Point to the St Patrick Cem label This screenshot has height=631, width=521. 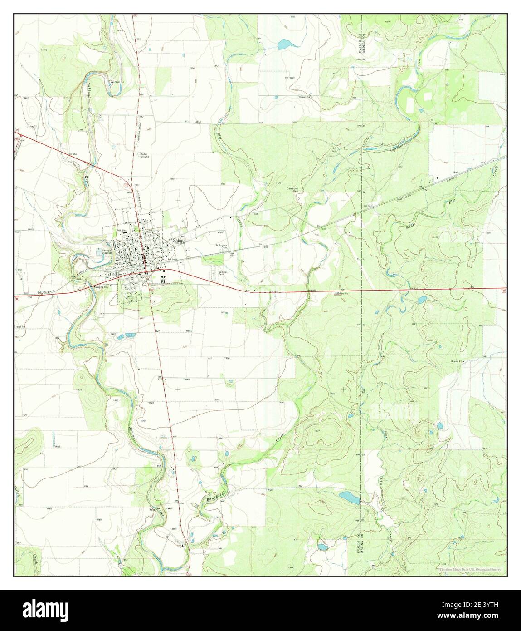221,246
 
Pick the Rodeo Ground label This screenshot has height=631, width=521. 145,155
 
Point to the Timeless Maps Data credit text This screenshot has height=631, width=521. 472,569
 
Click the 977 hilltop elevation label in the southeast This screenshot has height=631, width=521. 317,430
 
